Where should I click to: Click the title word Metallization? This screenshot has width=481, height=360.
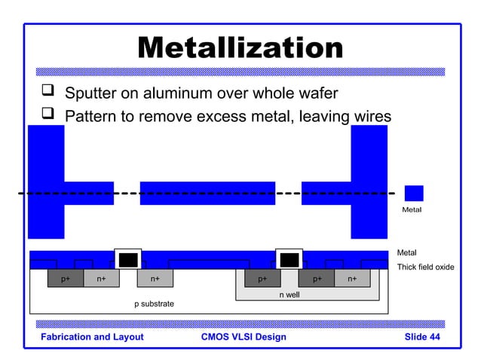240,49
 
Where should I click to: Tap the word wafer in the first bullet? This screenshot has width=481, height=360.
315,94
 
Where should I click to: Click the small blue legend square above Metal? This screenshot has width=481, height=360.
413,194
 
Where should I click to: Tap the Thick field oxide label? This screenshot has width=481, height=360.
425,267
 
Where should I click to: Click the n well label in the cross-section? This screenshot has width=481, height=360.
289,294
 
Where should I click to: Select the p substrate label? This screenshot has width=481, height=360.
154,304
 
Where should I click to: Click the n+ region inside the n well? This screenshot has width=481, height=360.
352,279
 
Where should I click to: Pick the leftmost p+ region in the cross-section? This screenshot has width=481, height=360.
66,279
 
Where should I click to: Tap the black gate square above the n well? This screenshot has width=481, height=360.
289,260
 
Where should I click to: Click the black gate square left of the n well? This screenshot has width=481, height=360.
128,260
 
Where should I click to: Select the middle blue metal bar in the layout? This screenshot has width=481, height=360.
207,193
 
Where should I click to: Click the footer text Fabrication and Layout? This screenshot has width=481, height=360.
92,337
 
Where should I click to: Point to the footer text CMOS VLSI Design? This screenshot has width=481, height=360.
244,337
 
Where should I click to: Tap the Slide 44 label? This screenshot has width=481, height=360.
422,337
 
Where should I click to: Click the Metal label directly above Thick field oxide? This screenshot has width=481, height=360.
406,252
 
